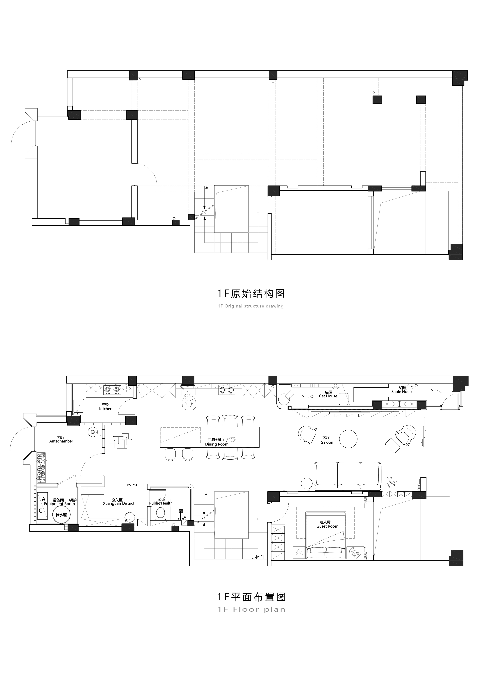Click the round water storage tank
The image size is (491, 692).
tap(61, 514)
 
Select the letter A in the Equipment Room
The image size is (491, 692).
tap(44, 499)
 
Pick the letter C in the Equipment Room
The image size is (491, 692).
tap(40, 511)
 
